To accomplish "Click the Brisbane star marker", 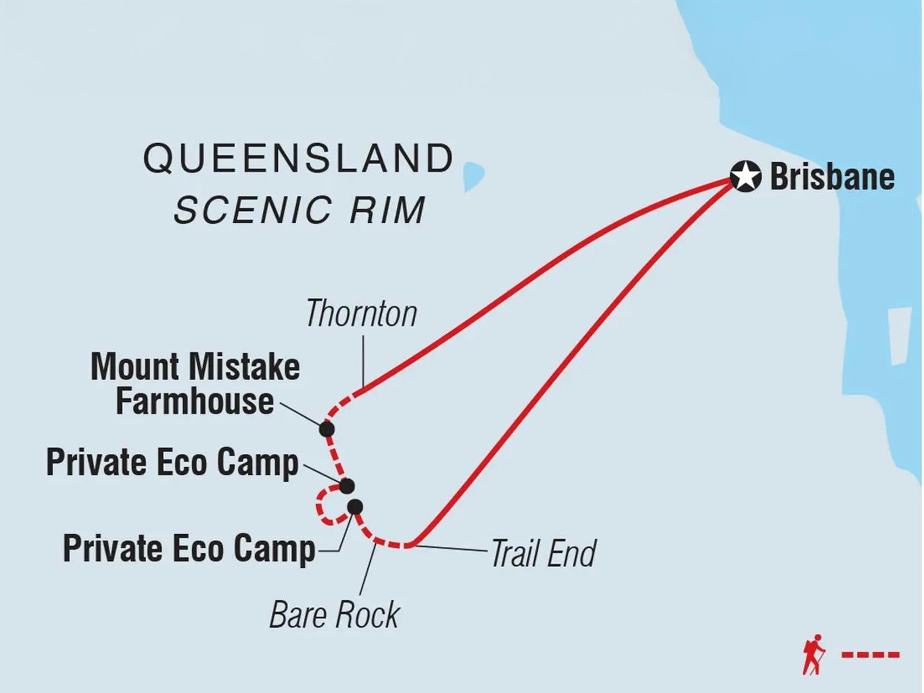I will click(745, 177).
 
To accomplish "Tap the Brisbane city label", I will click(832, 177).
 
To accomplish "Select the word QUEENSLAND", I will click(299, 158).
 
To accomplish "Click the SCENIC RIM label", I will click(300, 210).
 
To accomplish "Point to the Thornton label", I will click(361, 314).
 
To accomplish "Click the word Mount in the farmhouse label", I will click(134, 367).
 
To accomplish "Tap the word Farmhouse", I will click(195, 401).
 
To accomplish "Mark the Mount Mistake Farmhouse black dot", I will click(327, 429).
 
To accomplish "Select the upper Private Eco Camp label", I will click(172, 463).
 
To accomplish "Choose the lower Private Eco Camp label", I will click(189, 548).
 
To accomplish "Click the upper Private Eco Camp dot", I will click(346, 486).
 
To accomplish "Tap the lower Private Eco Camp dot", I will click(355, 506).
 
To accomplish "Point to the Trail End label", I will click(543, 553).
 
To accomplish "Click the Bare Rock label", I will click(334, 614).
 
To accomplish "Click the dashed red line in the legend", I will click(870, 655).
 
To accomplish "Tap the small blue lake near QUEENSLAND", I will click(473, 176).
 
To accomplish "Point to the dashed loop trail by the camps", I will click(319, 508).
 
